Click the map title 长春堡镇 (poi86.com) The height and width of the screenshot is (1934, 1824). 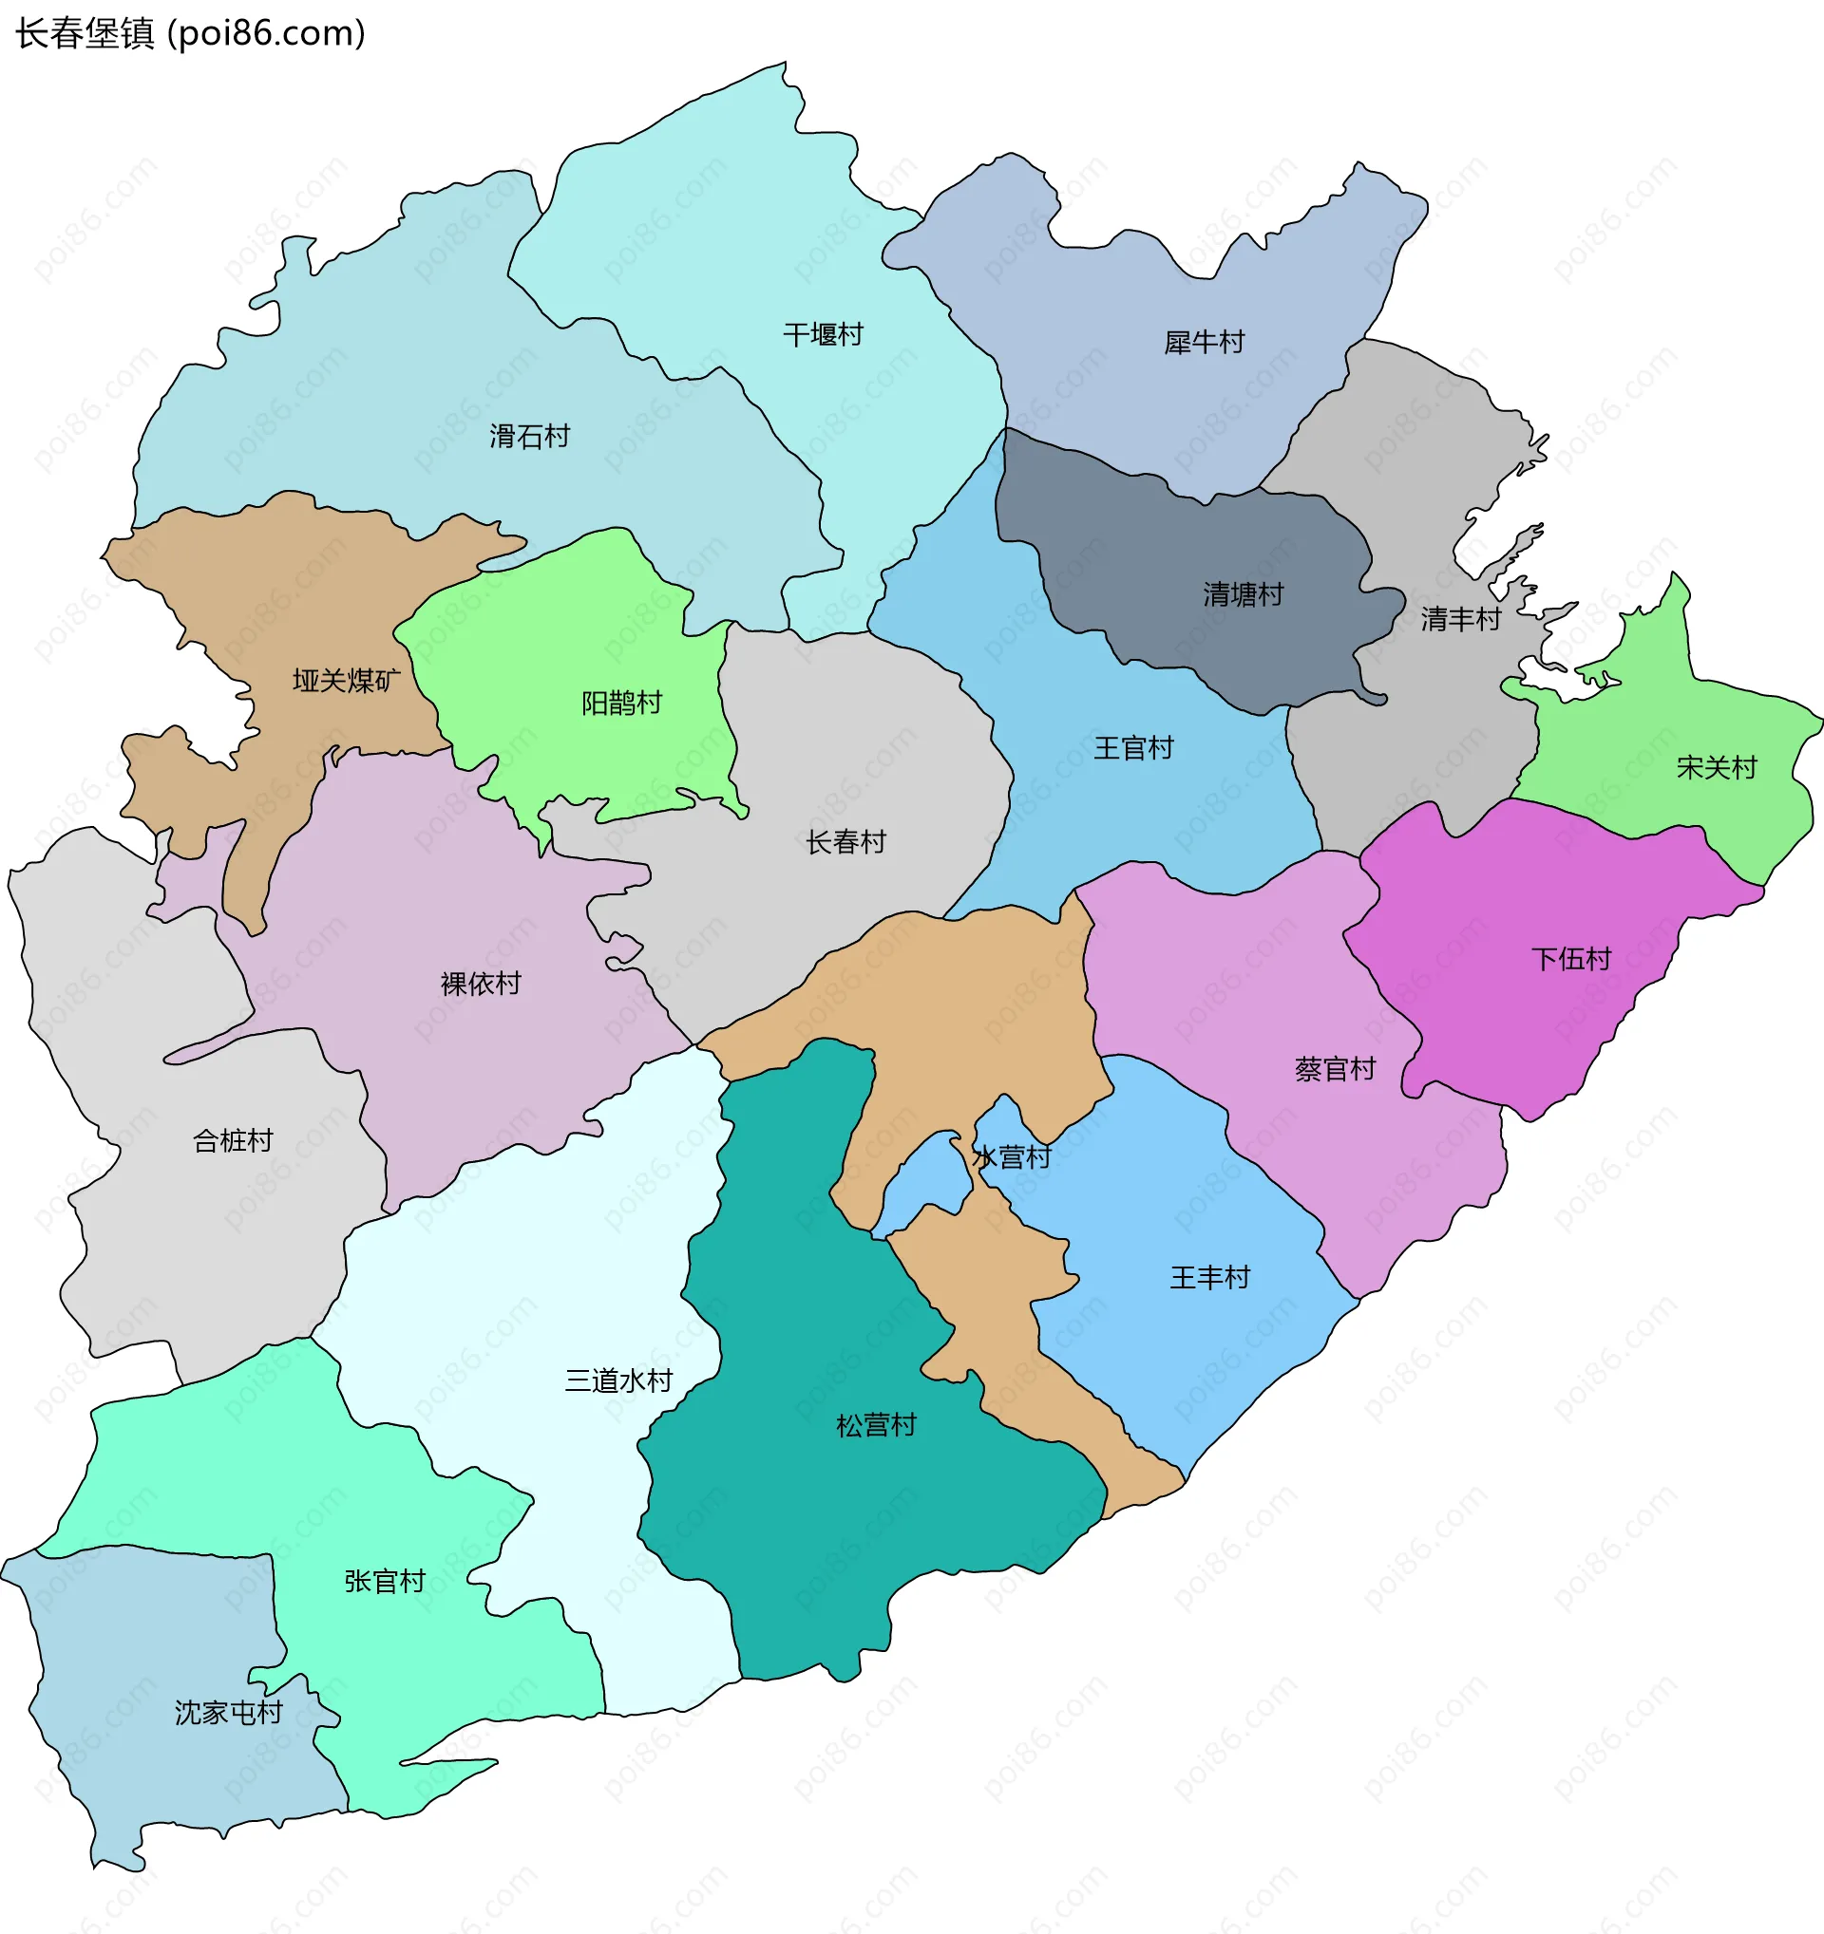pos(190,33)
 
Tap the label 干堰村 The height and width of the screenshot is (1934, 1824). pos(824,334)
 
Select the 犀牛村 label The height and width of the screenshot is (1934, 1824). pos(1204,343)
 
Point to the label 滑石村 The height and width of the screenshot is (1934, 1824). pos(529,436)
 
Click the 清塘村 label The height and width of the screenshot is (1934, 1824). pos(1243,593)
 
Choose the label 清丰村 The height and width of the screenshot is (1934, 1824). pos(1460,619)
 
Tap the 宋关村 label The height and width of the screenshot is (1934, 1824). pos(1716,767)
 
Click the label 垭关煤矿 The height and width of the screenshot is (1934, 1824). pos(347,680)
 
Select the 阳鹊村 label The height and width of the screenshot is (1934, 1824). pos(621,703)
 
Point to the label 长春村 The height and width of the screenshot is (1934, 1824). pos(845,841)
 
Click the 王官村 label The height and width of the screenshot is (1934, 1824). pos(1133,748)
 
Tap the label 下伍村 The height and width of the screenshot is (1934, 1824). pos(1571,959)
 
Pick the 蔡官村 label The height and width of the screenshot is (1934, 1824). pos(1335,1069)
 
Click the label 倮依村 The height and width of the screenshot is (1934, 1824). pos(480,984)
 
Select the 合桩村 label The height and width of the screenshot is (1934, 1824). pos(233,1140)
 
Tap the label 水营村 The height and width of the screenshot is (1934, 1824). pos(1012,1156)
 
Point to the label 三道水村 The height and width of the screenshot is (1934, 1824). pos(618,1380)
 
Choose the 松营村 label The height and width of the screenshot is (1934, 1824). pos(876,1425)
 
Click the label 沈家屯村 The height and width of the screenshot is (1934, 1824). pos(229,1713)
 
